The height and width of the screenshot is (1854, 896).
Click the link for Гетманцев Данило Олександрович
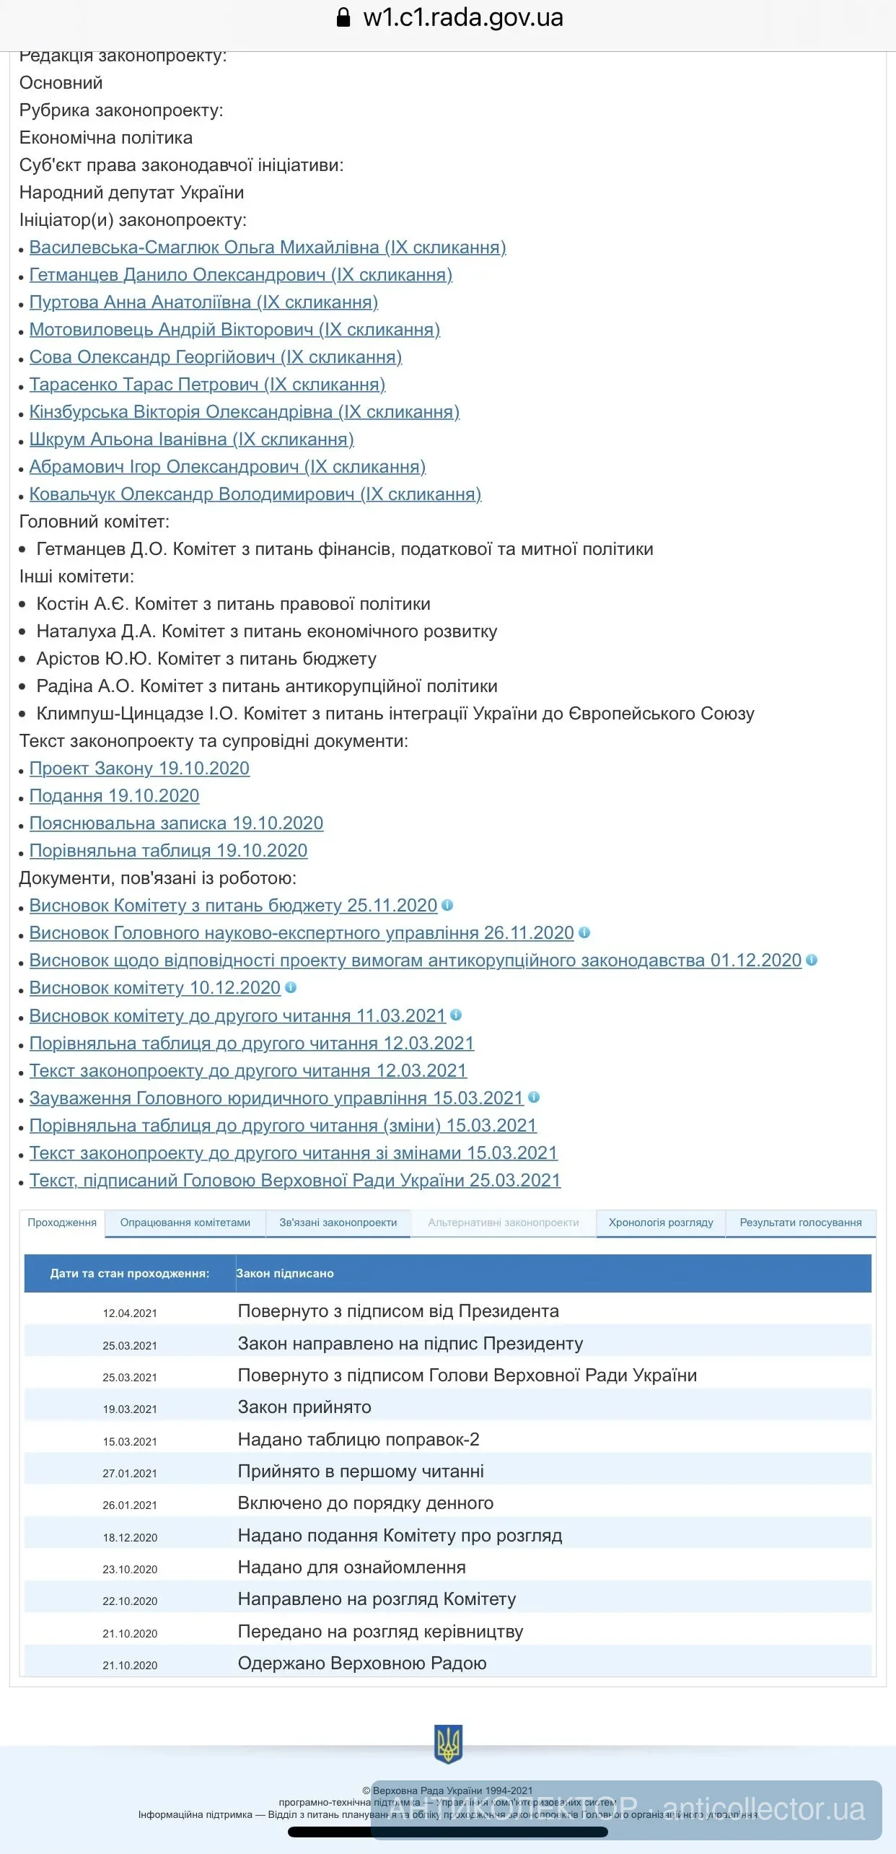click(x=240, y=275)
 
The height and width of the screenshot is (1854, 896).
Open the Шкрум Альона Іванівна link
click(x=191, y=440)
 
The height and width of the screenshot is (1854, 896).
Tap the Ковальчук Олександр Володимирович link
click(x=255, y=494)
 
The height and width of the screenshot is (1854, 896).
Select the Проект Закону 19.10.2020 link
click(x=139, y=769)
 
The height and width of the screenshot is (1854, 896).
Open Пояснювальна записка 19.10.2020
click(x=176, y=823)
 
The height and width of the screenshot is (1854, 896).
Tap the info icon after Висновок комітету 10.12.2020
click(x=291, y=987)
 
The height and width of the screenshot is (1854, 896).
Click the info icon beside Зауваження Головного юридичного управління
click(x=534, y=1097)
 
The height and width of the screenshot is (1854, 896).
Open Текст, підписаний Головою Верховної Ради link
click(x=294, y=1180)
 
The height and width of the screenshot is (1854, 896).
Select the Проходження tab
click(x=62, y=1223)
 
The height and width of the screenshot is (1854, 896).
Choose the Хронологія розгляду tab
click(x=661, y=1223)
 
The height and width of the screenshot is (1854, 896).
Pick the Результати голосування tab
click(x=801, y=1223)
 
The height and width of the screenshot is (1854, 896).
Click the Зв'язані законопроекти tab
click(x=338, y=1223)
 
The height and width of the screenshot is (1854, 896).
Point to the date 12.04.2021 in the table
click(x=130, y=1313)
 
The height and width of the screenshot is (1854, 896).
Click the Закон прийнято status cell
click(x=304, y=1407)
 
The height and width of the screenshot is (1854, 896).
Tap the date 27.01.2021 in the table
click(x=130, y=1473)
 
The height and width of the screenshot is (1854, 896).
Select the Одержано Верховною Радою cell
click(x=362, y=1663)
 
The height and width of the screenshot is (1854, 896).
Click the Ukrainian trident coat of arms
click(x=448, y=1744)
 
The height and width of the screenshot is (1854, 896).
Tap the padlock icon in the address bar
click(x=344, y=17)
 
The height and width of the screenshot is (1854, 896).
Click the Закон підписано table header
click(x=285, y=1274)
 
